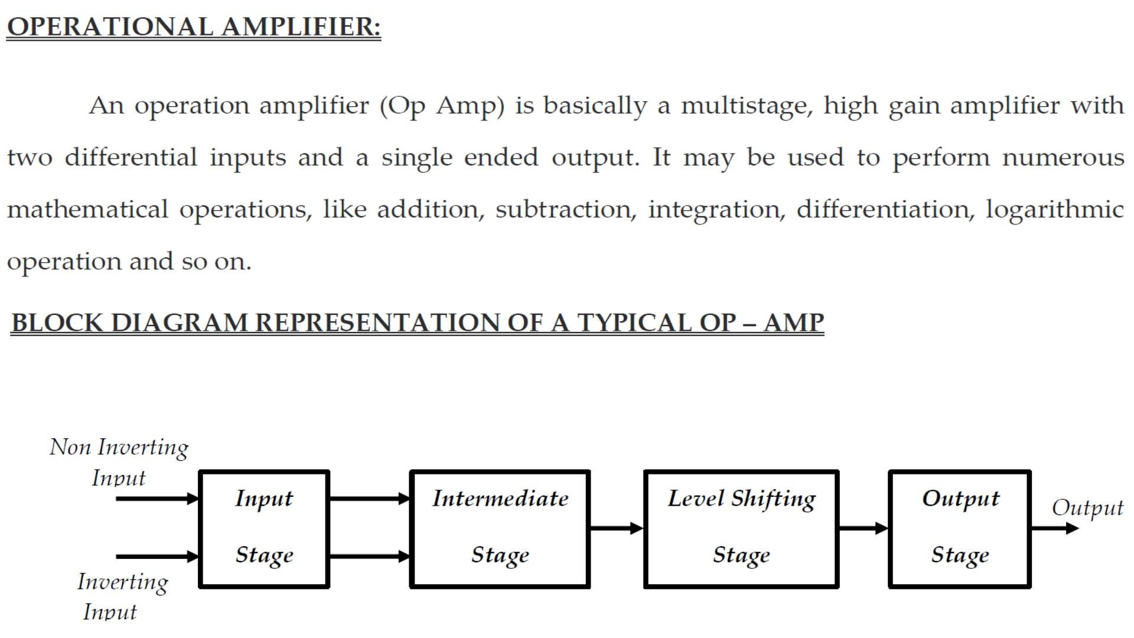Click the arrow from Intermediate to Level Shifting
[617, 528]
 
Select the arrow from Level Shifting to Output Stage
[863, 528]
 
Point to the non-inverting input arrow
[157, 499]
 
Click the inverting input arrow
[157, 556]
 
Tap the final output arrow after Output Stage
[1055, 528]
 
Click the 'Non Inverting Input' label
[119, 462]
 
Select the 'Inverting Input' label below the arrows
[122, 597]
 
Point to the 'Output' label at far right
[1087, 508]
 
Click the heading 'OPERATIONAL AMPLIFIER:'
[194, 27]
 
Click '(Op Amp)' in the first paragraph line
[442, 106]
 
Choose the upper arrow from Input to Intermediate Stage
[370, 499]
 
